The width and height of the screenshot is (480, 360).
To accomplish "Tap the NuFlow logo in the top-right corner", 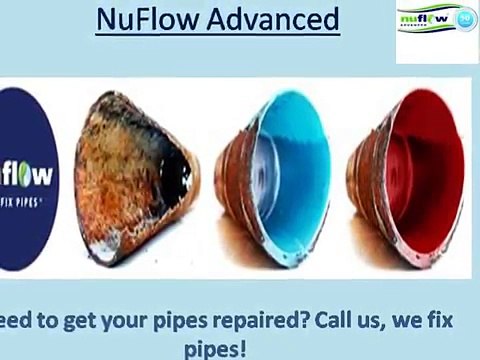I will coord(436,33).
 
